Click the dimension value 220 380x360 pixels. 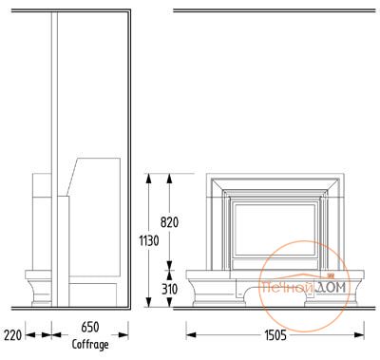[x=12, y=335]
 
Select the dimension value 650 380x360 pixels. [x=90, y=327]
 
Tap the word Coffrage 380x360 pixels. [x=90, y=345]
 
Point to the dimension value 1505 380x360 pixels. [x=275, y=335]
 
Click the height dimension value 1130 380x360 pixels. [x=149, y=241]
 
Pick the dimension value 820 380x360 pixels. [x=169, y=222]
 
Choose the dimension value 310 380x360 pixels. [x=170, y=289]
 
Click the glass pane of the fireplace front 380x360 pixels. [x=275, y=230]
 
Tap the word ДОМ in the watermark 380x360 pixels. [x=331, y=287]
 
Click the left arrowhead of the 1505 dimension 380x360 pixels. [x=191, y=334]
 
